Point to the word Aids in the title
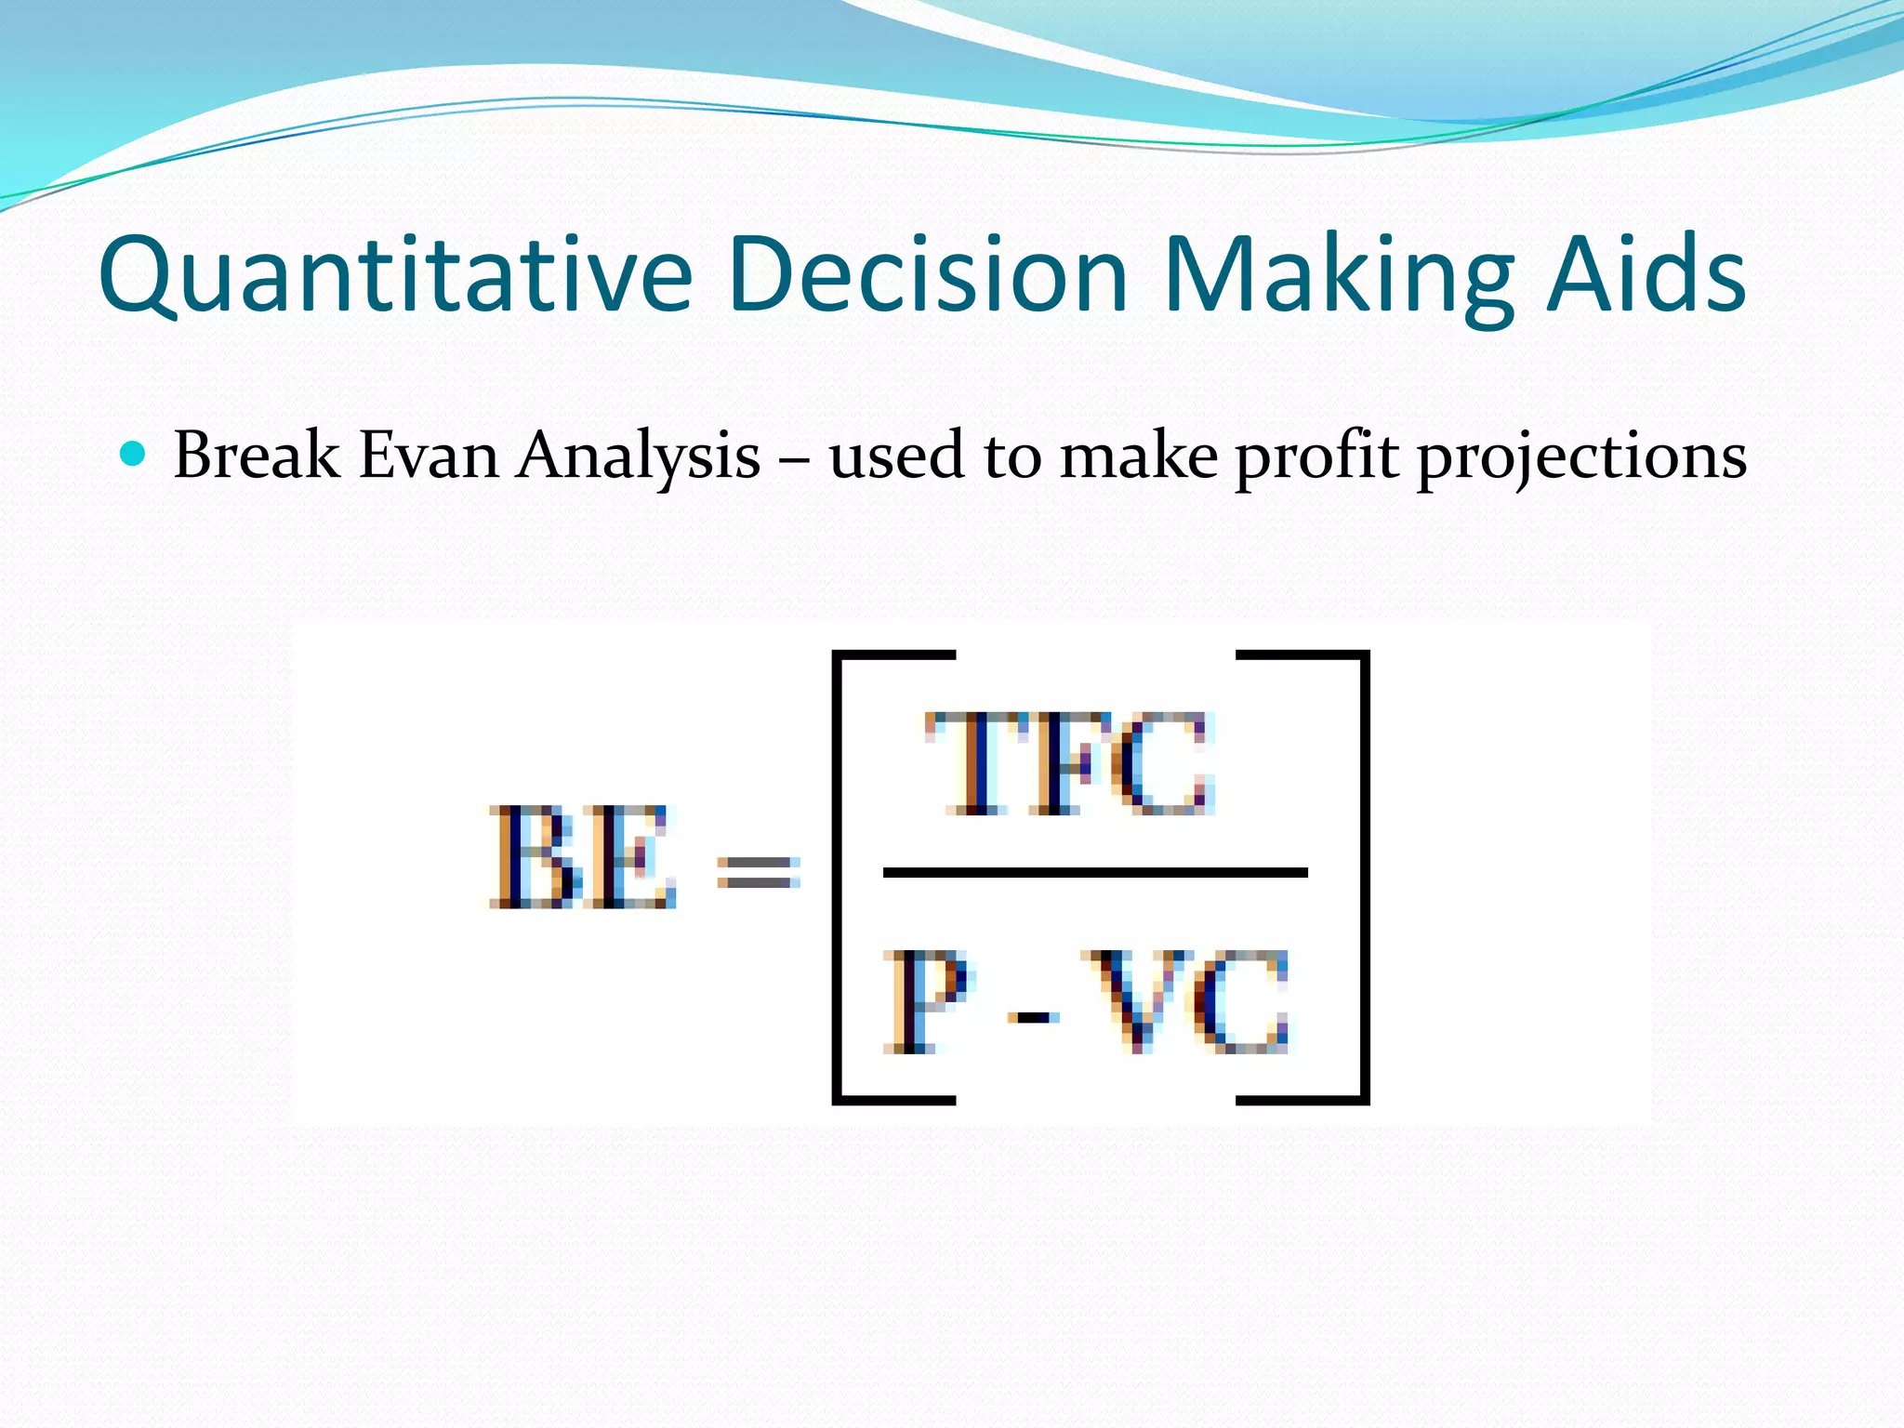pyautogui.click(x=1646, y=274)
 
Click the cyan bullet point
pyautogui.click(x=134, y=455)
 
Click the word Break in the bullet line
pyautogui.click(x=257, y=456)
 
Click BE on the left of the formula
pyautogui.click(x=582, y=857)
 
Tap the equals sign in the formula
pyautogui.click(x=758, y=872)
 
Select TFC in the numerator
pyautogui.click(x=1070, y=764)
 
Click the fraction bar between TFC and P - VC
pyautogui.click(x=1095, y=872)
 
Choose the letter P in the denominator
pyautogui.click(x=925, y=1002)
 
